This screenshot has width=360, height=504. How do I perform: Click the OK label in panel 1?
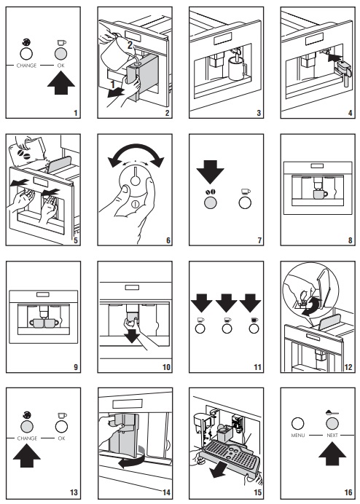pyautogui.click(x=61, y=66)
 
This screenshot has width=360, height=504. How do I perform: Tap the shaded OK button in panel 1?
pyautogui.click(x=61, y=54)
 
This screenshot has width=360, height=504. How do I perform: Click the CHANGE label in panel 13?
pyautogui.click(x=27, y=438)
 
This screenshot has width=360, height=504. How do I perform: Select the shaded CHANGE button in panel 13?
pyautogui.click(x=27, y=427)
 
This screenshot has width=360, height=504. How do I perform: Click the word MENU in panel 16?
pyautogui.click(x=298, y=436)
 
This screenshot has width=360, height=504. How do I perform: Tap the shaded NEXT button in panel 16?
pyautogui.click(x=332, y=424)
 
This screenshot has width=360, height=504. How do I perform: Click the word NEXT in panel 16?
pyautogui.click(x=332, y=436)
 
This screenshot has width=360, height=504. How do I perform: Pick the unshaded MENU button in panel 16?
pyautogui.click(x=297, y=424)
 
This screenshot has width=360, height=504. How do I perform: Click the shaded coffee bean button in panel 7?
pyautogui.click(x=211, y=202)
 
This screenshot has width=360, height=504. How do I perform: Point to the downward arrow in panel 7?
pyautogui.click(x=211, y=172)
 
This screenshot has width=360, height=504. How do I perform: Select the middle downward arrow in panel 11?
pyautogui.click(x=226, y=302)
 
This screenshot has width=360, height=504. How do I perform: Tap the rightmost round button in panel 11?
pyautogui.click(x=254, y=328)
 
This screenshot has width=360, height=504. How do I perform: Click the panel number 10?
pyautogui.click(x=166, y=367)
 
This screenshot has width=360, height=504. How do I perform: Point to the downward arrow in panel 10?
pyautogui.click(x=132, y=336)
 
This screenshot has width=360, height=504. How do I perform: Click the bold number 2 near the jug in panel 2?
pyautogui.click(x=130, y=45)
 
